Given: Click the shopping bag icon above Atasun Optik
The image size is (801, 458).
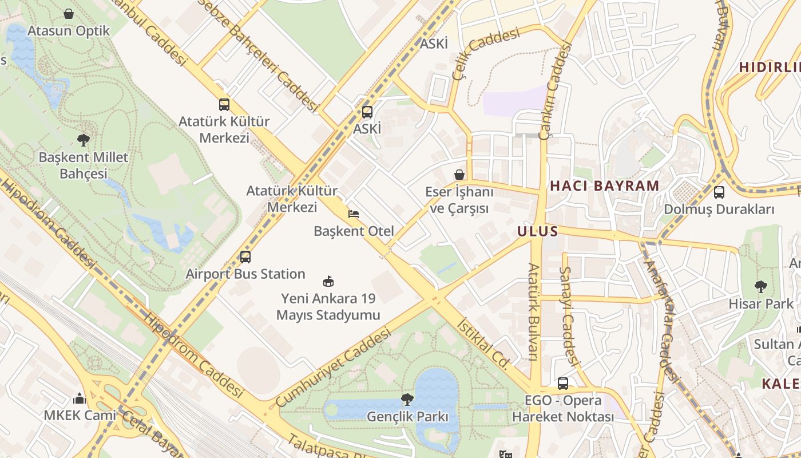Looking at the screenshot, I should [x=69, y=13].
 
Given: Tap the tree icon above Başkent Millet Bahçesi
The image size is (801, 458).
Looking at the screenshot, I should [x=84, y=139].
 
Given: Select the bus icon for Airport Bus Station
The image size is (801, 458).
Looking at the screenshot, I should [x=245, y=257].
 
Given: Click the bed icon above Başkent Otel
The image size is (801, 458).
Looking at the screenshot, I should [x=354, y=214].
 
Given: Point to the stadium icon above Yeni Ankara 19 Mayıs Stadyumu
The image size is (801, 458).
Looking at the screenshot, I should [x=328, y=281].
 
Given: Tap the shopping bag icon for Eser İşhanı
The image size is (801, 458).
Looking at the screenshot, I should [x=459, y=175].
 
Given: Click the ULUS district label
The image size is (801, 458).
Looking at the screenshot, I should [x=537, y=231].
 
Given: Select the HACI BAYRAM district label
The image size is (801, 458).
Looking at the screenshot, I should [x=605, y=185].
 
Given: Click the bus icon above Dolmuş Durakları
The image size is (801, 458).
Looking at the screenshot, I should [x=719, y=192].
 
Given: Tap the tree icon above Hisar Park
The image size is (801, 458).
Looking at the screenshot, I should [x=760, y=286].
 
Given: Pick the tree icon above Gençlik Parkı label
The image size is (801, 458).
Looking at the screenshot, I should [x=407, y=399].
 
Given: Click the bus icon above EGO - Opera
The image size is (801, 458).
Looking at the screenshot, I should [x=563, y=384].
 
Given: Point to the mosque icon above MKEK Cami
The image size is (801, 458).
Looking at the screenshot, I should [x=80, y=398].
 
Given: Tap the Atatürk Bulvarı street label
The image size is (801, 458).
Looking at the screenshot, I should [x=533, y=312].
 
